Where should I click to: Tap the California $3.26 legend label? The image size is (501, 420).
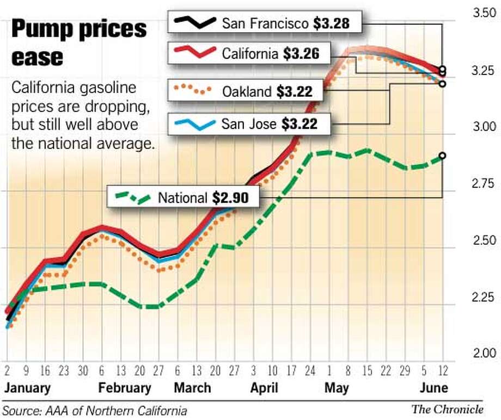270,53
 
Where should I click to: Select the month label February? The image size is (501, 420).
125,388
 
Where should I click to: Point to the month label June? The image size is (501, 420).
433,388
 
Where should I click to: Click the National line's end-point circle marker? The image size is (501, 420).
442,156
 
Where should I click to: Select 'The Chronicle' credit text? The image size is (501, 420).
447,410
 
